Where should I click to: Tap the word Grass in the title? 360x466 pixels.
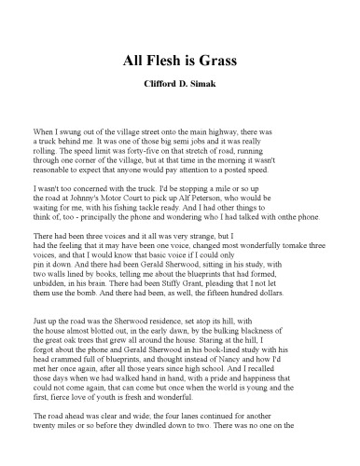tap(217, 61)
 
